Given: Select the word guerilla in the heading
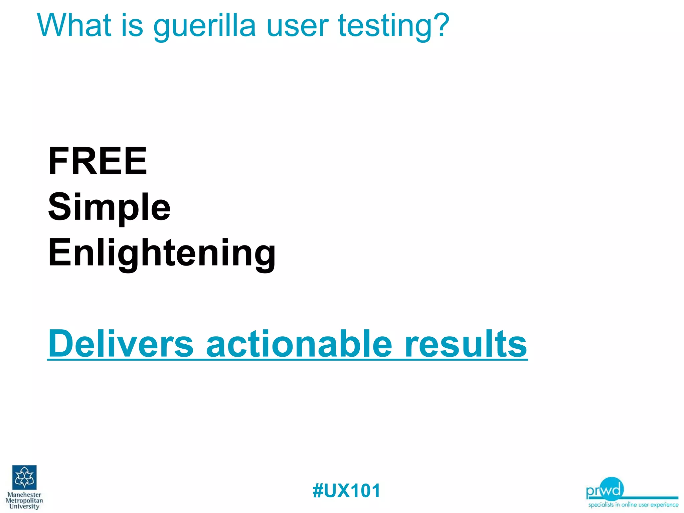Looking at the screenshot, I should point(204,27).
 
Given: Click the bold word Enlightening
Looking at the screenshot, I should point(162,254).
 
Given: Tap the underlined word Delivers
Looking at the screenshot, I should point(121,344).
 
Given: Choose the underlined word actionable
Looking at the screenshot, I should point(299,344).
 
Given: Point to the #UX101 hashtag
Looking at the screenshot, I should point(346,491).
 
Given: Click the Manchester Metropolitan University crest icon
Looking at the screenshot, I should point(24,477).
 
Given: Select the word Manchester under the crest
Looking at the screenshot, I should point(24,495).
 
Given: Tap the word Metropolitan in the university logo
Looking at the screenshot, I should point(24,501).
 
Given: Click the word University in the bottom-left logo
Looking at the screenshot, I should point(24,506).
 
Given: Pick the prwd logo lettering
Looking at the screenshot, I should point(605,490).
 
